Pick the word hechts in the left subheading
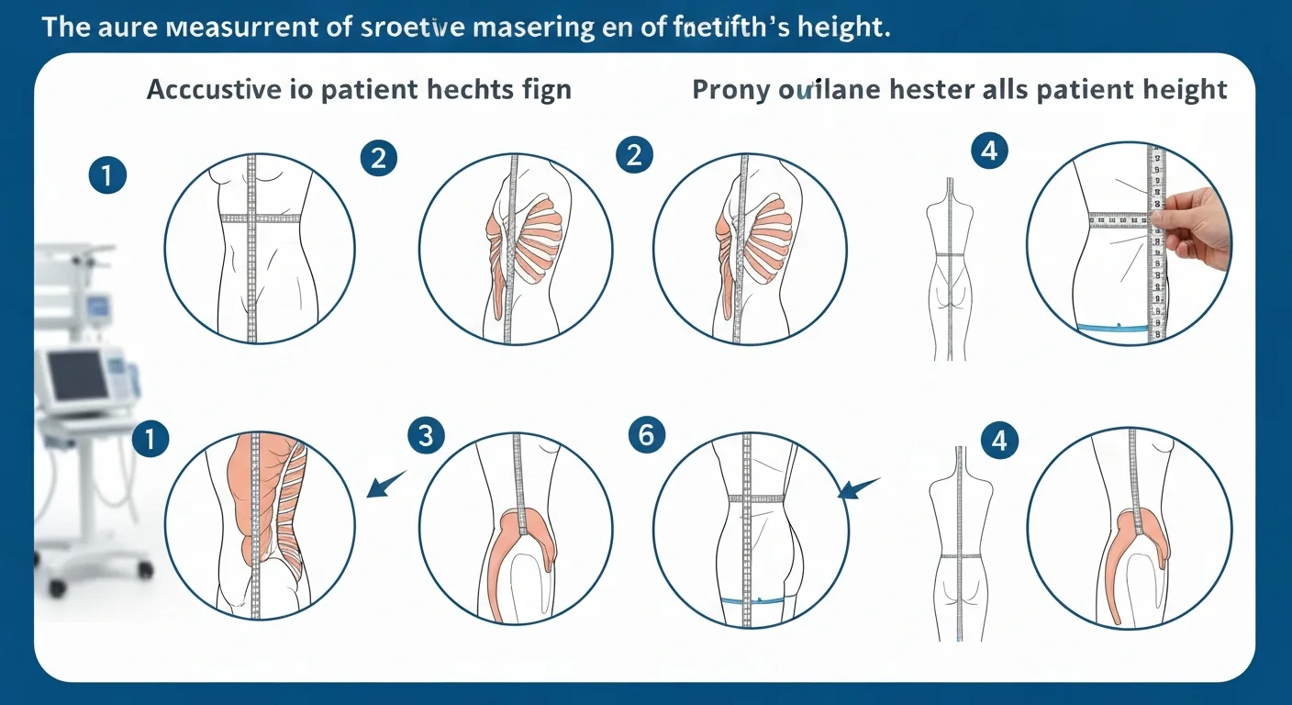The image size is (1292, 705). [x=468, y=90]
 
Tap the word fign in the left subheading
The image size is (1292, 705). [x=545, y=90]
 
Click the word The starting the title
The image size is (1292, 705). [x=64, y=28]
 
